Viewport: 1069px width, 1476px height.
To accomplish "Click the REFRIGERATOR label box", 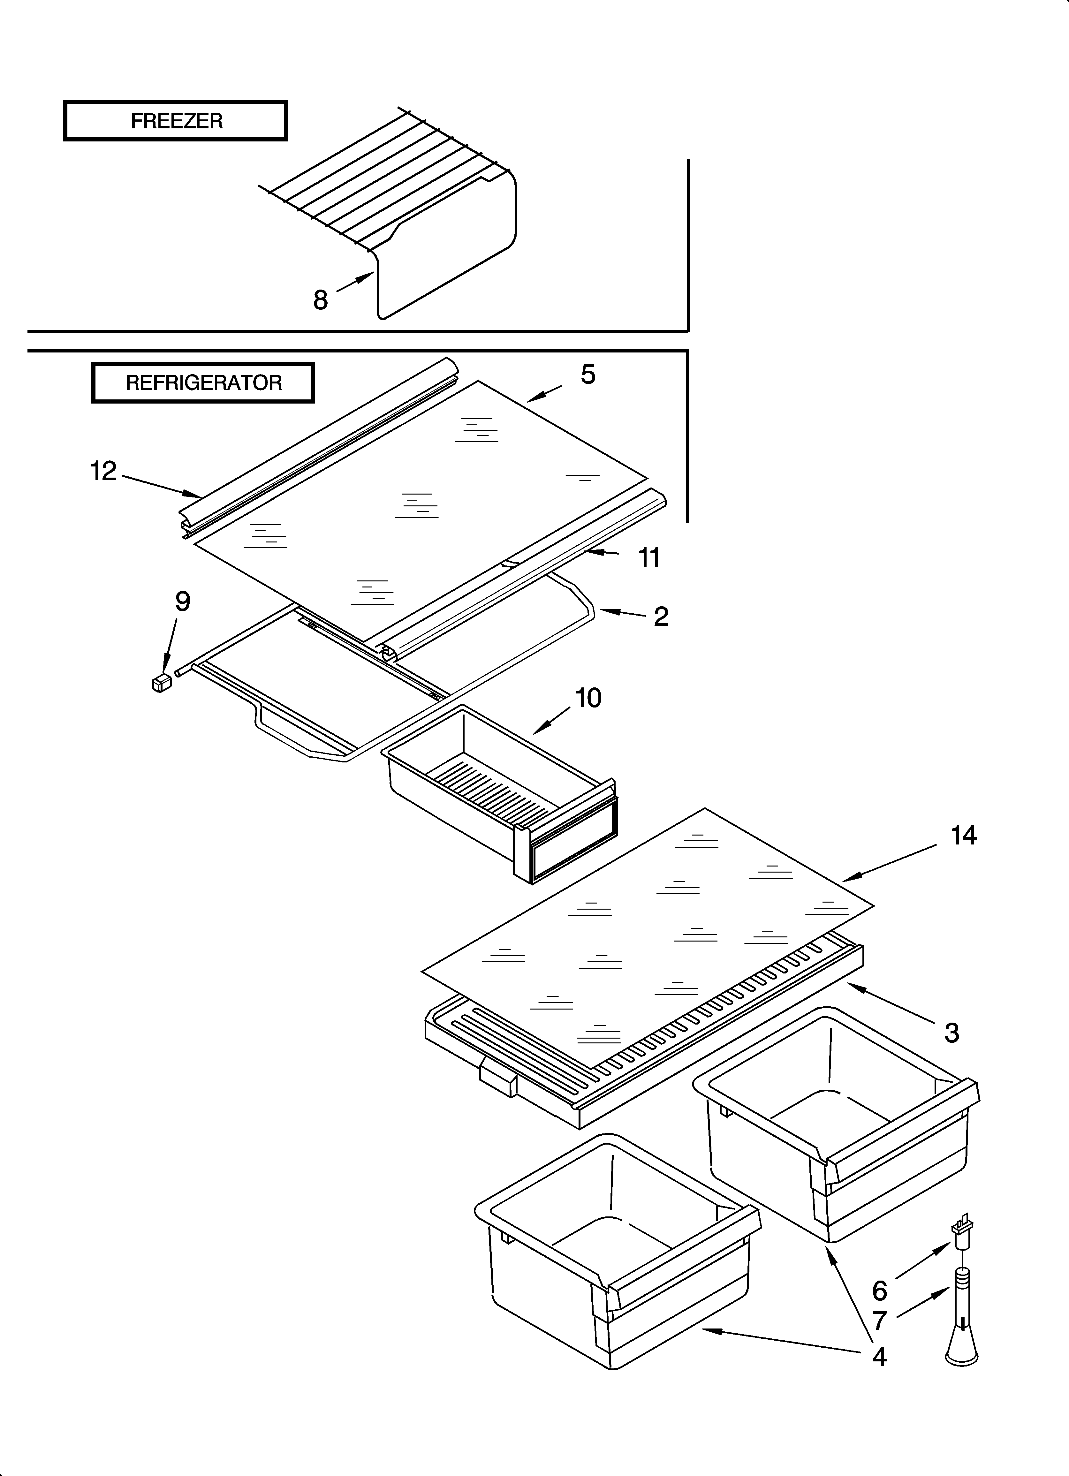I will (203, 383).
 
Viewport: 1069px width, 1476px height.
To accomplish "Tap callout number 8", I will (320, 300).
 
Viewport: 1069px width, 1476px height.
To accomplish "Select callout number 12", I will (103, 471).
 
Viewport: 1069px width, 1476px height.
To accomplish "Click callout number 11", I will (649, 558).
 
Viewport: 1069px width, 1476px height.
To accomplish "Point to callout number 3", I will (951, 1033).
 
